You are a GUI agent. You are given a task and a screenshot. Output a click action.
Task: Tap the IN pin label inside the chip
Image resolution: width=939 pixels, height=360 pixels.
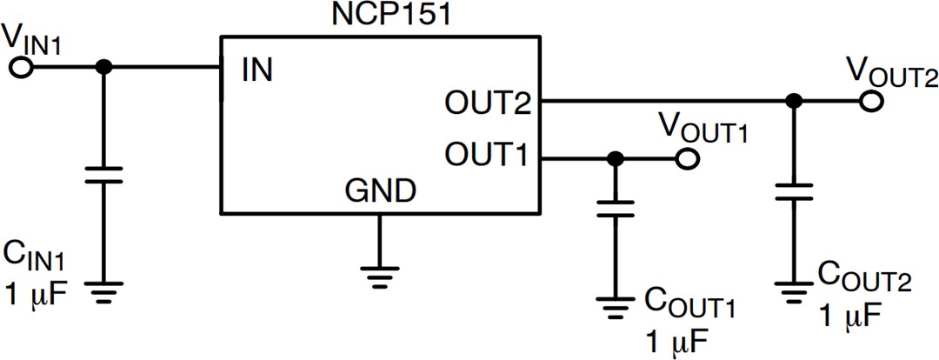coord(256,70)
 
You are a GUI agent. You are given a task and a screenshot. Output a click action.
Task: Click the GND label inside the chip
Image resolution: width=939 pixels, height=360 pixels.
coord(380,189)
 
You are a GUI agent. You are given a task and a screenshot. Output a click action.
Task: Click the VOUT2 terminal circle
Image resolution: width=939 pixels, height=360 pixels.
coord(869,102)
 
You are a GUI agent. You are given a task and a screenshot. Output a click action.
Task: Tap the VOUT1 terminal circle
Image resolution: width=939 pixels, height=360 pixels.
coord(687,159)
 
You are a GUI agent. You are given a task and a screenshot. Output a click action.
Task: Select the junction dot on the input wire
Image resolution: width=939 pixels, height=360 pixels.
coord(103,68)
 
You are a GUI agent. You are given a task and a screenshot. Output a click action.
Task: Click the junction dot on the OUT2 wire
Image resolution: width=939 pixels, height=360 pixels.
coord(792,102)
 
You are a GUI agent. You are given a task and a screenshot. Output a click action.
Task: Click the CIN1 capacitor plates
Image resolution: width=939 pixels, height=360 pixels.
coord(103,175)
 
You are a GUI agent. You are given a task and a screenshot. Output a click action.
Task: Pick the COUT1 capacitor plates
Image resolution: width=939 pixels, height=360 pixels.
coord(615,210)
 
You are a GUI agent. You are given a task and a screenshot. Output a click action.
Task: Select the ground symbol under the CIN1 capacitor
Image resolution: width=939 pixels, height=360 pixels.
coord(103,290)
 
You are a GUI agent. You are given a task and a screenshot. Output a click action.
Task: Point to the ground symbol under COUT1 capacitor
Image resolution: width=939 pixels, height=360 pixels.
coord(615,307)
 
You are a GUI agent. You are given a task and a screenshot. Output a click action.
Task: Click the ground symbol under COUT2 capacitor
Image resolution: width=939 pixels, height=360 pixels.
coord(792,290)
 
